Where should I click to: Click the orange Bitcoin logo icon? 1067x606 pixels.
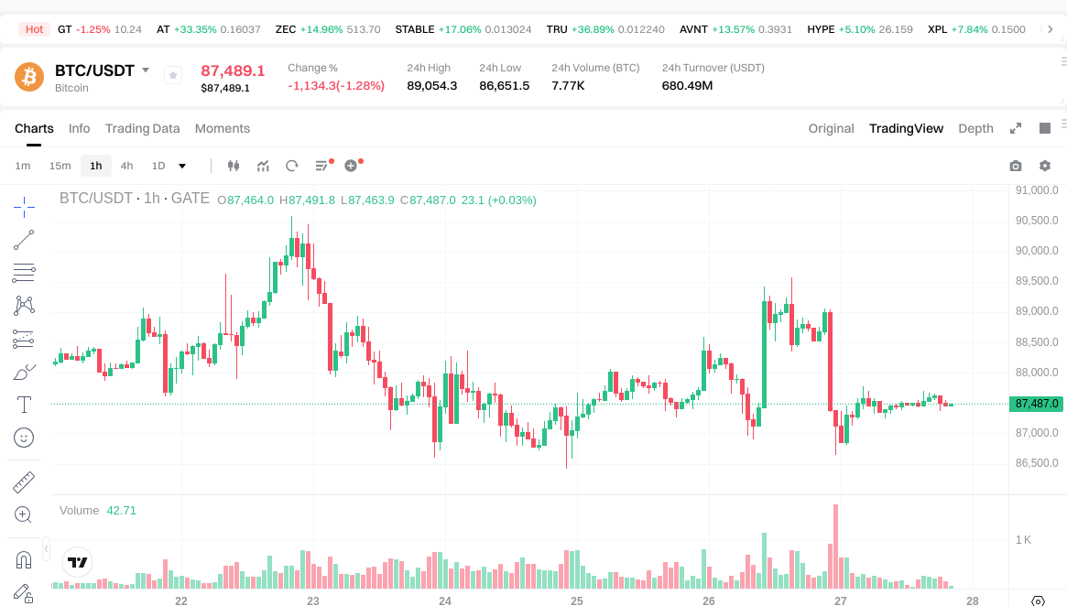29,77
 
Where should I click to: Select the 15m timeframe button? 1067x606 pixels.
60,166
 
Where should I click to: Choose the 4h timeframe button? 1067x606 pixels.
126,166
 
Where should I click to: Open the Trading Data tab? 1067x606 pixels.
142,128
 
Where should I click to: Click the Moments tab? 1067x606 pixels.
222,128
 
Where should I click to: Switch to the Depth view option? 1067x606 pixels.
975,128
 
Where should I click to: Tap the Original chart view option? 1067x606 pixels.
831,128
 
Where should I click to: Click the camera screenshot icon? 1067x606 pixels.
1015,166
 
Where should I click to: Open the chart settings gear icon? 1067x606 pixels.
1044,166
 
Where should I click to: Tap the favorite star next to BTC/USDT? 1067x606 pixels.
173,75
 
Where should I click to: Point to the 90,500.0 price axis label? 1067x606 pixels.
1037,221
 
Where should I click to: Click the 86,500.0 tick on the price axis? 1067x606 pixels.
1037,463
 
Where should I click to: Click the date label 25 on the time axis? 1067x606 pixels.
577,601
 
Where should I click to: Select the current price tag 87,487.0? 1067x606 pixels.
1037,404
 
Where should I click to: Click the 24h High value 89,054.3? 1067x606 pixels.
431,86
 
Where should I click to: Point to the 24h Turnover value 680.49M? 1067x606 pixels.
687,86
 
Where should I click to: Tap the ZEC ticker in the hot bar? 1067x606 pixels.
285,29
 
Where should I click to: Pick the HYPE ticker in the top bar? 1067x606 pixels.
821,29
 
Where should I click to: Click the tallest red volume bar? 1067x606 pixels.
835,546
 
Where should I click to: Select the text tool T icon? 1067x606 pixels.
25,404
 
